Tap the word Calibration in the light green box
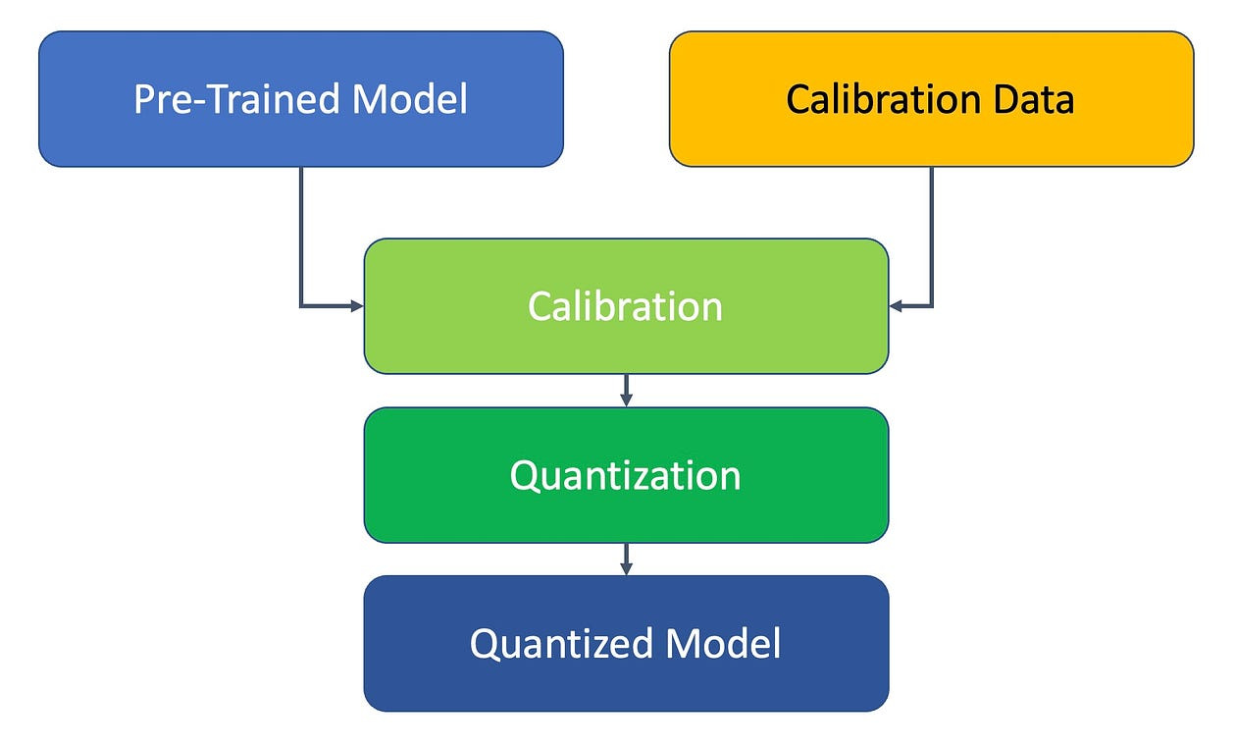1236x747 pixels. (626, 306)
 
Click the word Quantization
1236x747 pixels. (626, 475)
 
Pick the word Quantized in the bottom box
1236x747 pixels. (562, 644)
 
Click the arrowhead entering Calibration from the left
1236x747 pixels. (356, 306)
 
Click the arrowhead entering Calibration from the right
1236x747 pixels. (897, 306)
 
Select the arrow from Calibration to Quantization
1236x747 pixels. (626, 391)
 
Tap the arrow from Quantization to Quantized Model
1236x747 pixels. (626, 560)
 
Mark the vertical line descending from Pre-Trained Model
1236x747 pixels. (300, 236)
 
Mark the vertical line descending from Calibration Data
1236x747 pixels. (931, 236)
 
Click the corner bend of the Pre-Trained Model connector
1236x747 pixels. (301, 306)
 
